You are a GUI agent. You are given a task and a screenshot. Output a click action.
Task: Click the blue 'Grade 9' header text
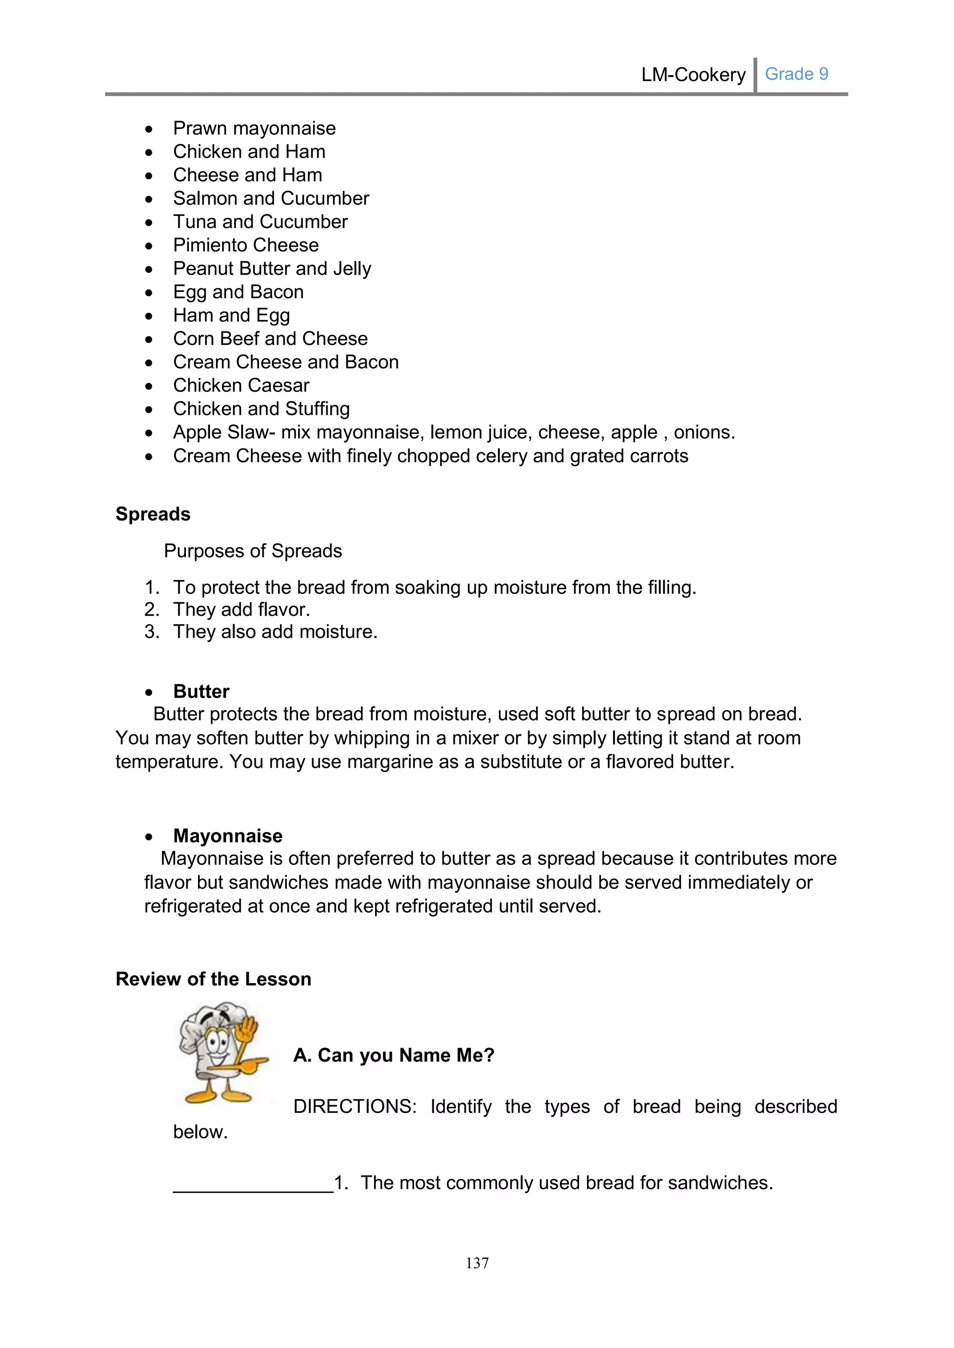point(796,74)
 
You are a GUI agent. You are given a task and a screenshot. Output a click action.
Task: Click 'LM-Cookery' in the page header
point(693,74)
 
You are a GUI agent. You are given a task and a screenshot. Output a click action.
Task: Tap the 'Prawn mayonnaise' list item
point(254,128)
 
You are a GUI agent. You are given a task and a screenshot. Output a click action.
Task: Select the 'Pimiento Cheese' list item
point(245,245)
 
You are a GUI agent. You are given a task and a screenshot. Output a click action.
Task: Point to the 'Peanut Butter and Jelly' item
point(272,268)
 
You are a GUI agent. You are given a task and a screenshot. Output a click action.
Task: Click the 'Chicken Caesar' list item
point(241,385)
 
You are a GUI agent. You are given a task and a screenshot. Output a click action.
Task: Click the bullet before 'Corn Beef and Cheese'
point(149,339)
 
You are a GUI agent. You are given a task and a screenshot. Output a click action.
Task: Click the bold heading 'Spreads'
point(153,514)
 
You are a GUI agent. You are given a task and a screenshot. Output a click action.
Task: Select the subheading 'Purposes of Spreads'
point(252,551)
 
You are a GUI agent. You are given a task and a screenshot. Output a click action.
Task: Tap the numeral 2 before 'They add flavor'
point(151,609)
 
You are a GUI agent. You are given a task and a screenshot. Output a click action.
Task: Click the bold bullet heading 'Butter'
point(201,691)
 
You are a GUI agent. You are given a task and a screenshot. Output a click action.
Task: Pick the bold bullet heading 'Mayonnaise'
point(227,836)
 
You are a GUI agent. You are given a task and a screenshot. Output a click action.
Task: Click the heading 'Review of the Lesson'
point(213,979)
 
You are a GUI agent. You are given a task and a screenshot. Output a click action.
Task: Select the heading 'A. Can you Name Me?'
point(394,1055)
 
